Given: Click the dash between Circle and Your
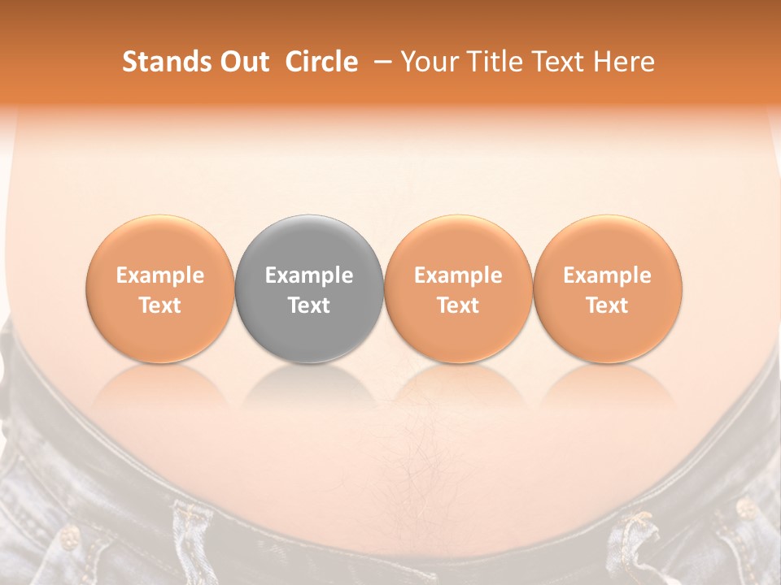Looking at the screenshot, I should coord(379,62).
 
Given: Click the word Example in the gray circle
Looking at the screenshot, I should coord(309,275).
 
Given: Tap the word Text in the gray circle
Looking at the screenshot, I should coord(309,305).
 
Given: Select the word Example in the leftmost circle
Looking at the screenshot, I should coord(160,275).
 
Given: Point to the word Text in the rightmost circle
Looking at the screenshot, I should coord(608,305).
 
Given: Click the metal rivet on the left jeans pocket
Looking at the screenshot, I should coord(70,535).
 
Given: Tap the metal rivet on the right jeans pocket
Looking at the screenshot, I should coord(744,509).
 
